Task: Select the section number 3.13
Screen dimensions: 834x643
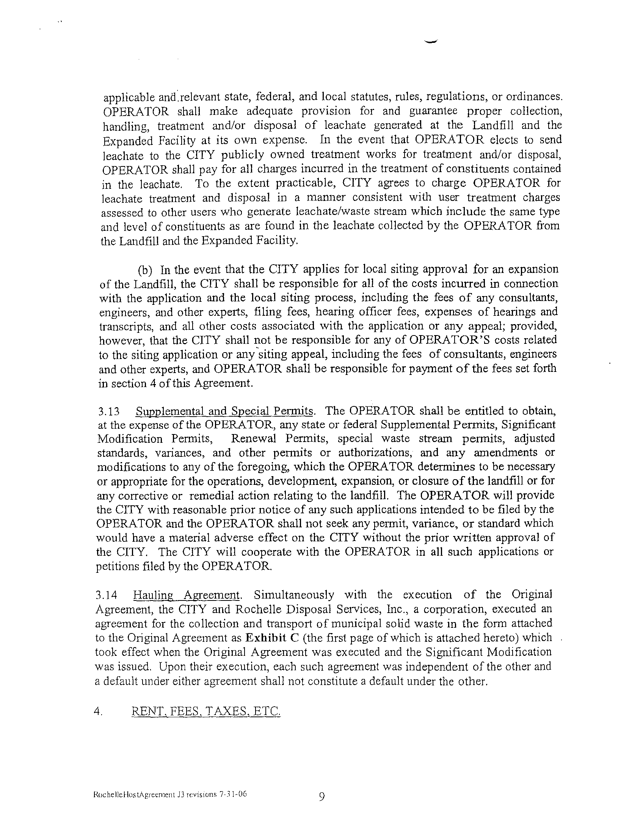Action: tap(108, 412)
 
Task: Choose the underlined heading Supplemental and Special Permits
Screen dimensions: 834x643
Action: tap(225, 412)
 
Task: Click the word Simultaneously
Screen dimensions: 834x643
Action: tap(293, 595)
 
